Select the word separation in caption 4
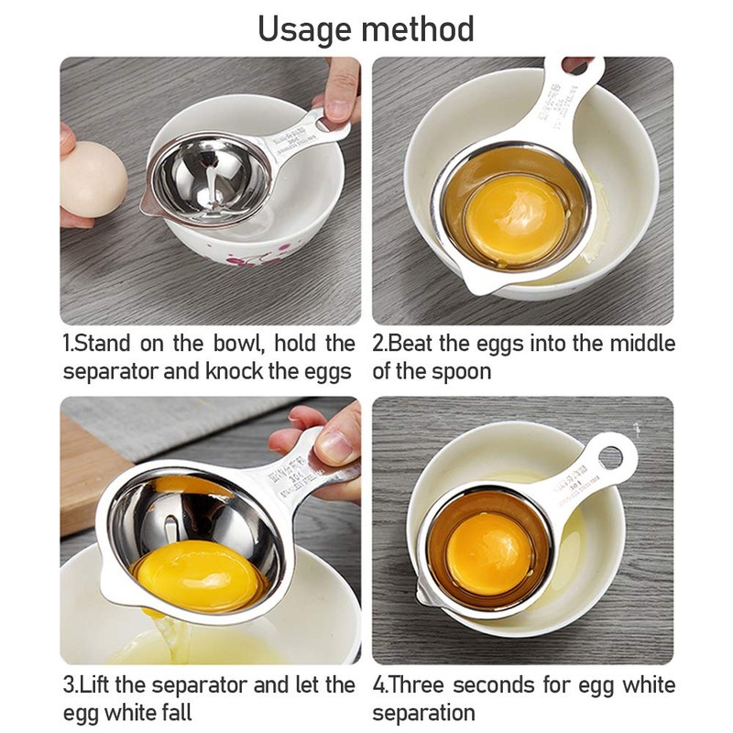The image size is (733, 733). click(423, 712)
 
